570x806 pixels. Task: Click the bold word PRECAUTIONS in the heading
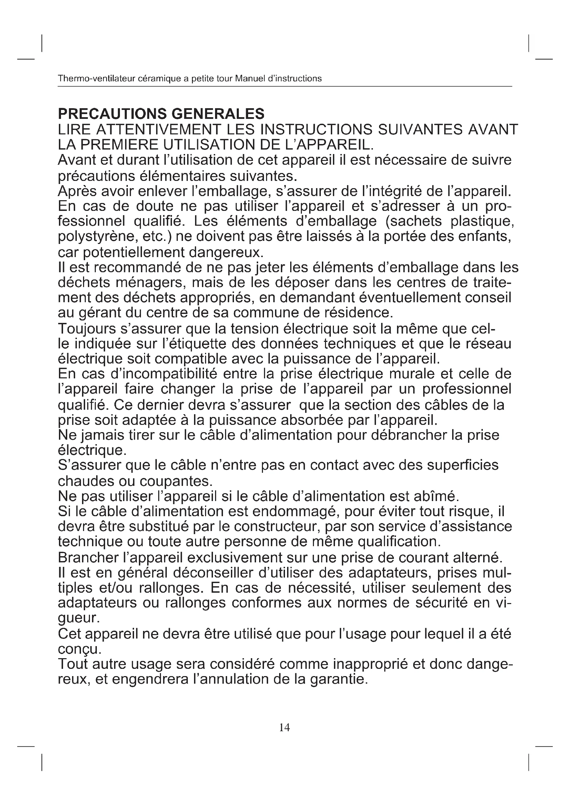tap(111, 114)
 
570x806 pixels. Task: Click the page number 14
tap(284, 727)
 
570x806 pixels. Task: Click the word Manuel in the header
tap(248, 79)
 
